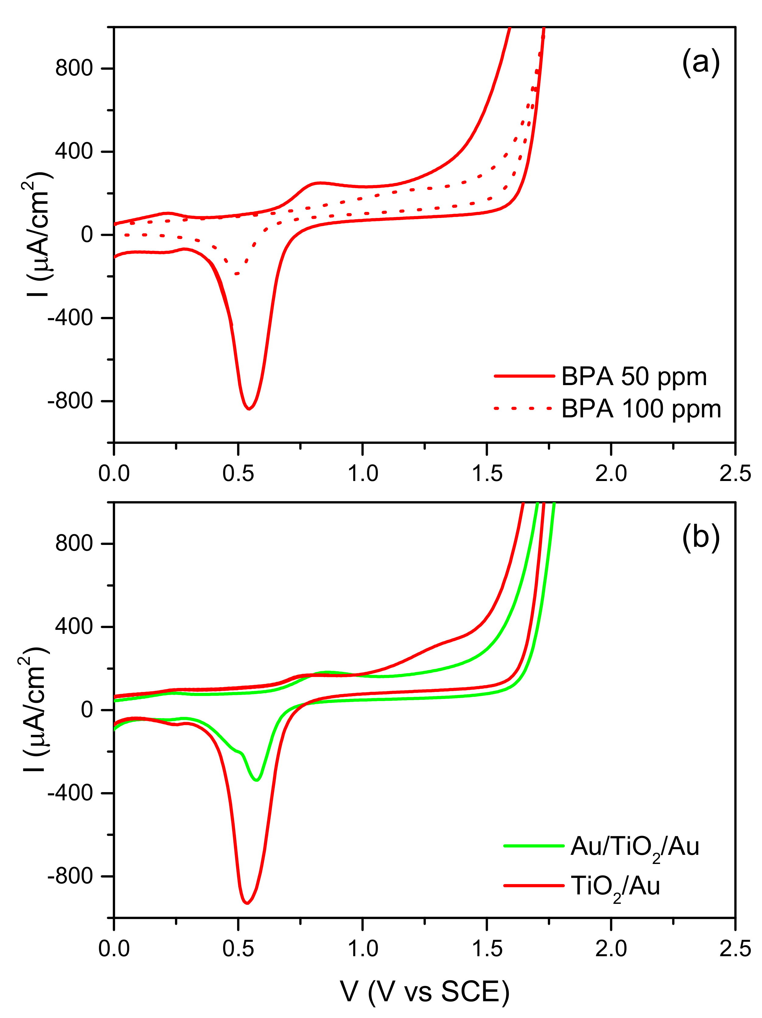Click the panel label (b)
pos(700,537)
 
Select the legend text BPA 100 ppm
pos(641,409)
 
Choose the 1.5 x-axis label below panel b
pos(487,949)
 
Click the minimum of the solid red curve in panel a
pos(249,409)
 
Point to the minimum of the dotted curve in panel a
pos(236,274)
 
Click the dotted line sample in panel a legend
pos(523,408)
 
